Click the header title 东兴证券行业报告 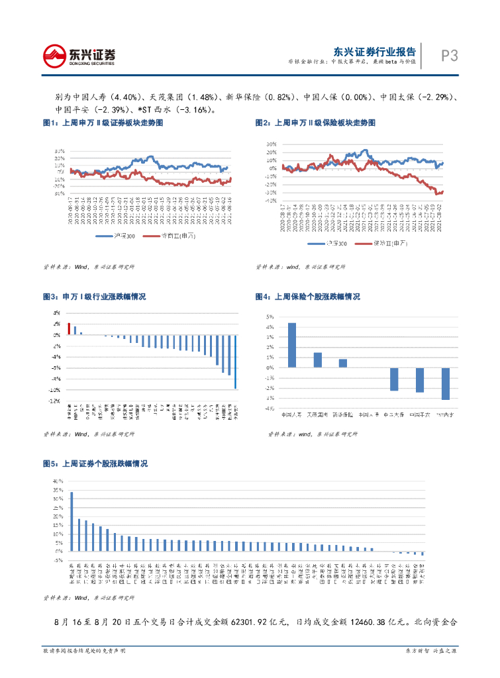click(x=374, y=51)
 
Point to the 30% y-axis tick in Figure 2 click(x=271, y=144)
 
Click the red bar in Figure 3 click(x=69, y=329)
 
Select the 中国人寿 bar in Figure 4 click(x=292, y=345)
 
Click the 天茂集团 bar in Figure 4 click(x=318, y=360)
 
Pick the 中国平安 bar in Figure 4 click(x=419, y=380)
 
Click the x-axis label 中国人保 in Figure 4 click(x=369, y=414)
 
